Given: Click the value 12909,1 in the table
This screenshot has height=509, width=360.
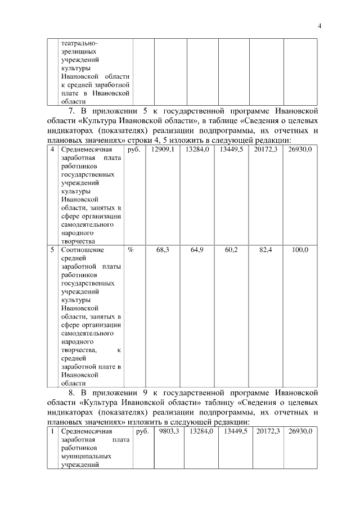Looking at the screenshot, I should click(163, 150).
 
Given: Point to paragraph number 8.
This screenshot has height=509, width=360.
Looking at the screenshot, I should click(70, 392).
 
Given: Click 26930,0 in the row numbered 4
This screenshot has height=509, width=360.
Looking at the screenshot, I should click(300, 150).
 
